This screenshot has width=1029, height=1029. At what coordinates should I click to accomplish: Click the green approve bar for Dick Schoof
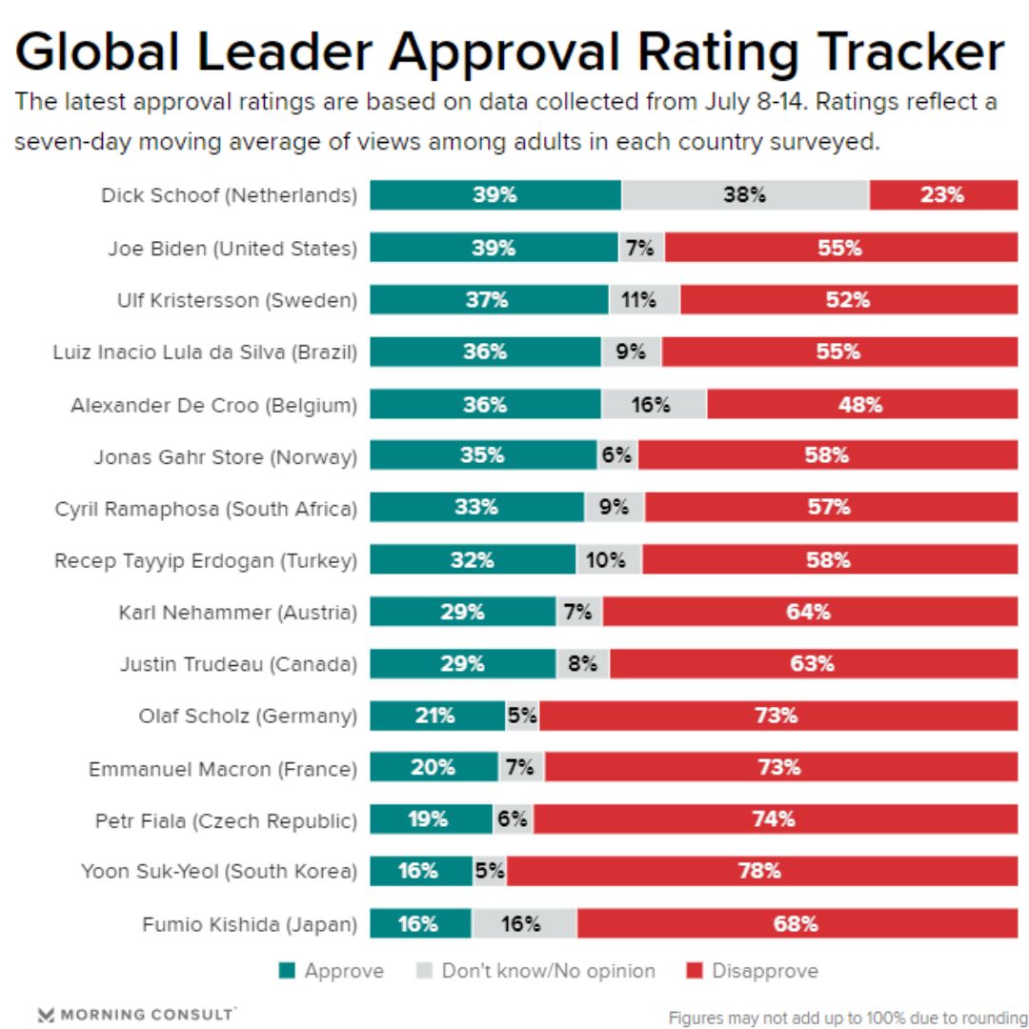[x=494, y=195]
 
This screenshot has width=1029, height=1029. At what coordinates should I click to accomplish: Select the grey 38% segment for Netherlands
[x=744, y=195]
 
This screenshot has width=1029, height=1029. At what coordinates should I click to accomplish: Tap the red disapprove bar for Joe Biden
[x=840, y=248]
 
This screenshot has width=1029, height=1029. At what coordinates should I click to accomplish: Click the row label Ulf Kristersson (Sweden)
[x=236, y=300]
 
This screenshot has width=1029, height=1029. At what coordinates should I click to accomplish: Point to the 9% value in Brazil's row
[x=631, y=352]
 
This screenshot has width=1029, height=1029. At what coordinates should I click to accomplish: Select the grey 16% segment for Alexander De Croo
[x=653, y=404]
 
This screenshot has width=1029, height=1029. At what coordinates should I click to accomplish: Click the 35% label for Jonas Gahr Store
[x=482, y=455]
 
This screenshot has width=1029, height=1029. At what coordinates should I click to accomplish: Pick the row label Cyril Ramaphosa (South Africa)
[x=206, y=508]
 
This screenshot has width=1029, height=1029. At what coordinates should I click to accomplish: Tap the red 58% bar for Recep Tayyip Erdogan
[x=829, y=559]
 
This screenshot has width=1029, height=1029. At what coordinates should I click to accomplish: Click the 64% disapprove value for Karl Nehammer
[x=808, y=612]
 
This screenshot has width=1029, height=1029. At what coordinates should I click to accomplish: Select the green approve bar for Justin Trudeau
[x=462, y=663]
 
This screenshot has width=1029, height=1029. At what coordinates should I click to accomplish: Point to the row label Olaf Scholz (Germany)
[x=248, y=716]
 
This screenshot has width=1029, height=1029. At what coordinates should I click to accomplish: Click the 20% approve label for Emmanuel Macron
[x=433, y=767]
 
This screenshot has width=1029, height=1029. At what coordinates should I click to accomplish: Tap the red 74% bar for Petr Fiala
[x=774, y=819]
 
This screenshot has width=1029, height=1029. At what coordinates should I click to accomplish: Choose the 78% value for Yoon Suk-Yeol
[x=759, y=871]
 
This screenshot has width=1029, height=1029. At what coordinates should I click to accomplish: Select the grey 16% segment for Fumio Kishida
[x=523, y=923]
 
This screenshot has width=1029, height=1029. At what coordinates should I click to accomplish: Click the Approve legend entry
[x=332, y=971]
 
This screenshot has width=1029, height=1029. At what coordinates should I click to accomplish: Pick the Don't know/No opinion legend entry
[x=536, y=971]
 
